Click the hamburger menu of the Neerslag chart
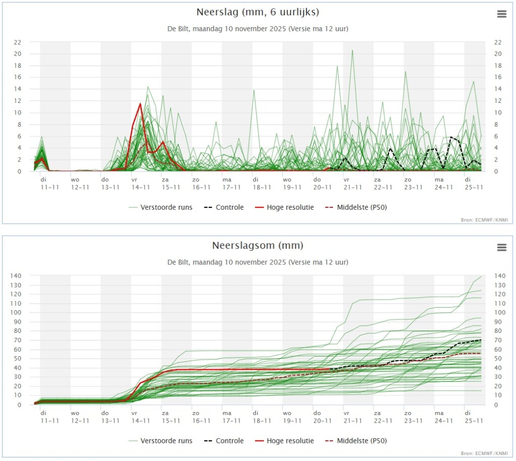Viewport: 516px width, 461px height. point(501,14)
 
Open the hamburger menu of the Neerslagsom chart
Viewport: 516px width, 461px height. point(501,247)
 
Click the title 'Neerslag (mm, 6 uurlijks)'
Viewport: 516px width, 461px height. point(257,12)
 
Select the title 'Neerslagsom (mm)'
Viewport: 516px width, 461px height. point(257,246)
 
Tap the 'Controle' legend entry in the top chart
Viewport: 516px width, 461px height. point(224,207)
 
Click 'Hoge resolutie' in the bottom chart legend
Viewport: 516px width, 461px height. point(285,441)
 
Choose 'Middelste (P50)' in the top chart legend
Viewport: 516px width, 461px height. point(356,207)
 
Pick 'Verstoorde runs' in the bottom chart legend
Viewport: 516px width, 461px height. point(161,441)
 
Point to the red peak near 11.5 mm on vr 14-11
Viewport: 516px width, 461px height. point(141,104)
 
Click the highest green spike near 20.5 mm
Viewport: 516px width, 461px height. point(352,50)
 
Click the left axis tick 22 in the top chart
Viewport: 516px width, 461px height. point(18,42)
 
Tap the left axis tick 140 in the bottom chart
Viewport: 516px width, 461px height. point(16,275)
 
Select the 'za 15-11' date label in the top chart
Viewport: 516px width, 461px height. point(171,184)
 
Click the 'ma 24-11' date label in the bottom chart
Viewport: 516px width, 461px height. point(443,417)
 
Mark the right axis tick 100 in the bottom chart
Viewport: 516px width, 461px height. point(500,313)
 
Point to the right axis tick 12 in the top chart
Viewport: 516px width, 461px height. point(498,101)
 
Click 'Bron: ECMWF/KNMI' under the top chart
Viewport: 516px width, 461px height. point(484,219)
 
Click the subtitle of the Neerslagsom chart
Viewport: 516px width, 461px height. point(257,262)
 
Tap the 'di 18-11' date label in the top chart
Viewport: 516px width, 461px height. point(262,184)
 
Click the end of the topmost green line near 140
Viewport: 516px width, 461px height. point(481,276)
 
